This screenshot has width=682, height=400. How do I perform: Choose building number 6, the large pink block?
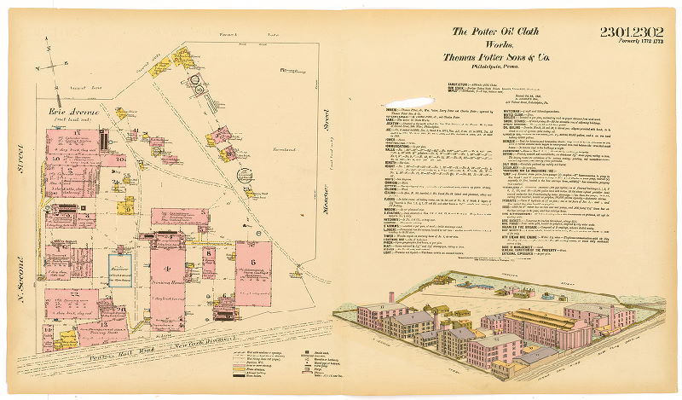point(252,259)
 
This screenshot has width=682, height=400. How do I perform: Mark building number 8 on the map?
point(209,253)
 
